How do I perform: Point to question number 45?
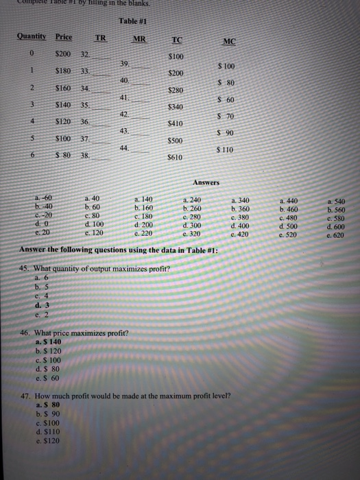(26, 268)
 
